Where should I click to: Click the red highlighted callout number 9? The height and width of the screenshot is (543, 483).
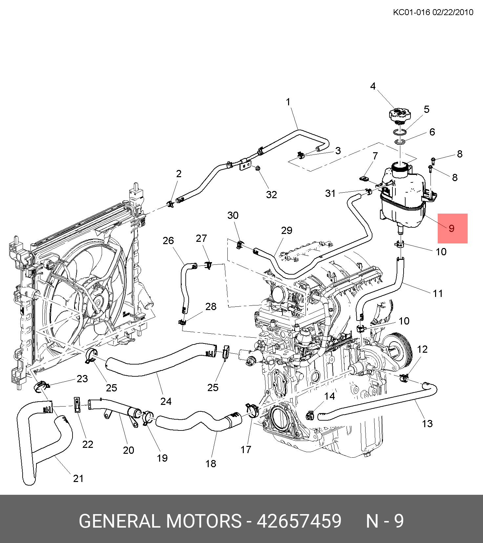coord(452,228)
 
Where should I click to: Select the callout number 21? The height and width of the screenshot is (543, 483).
coord(78,478)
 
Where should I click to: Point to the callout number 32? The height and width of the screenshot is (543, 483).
coord(271,195)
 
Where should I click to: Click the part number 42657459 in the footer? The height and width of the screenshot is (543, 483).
coord(299,521)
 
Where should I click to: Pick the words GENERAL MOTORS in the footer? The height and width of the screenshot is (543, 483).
coord(160,521)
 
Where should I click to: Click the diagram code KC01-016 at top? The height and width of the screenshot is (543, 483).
coord(411,12)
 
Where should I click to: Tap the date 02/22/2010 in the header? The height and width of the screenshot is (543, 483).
coord(453,12)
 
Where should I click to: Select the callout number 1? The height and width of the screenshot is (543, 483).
coord(288,102)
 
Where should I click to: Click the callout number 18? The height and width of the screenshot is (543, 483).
coord(211,464)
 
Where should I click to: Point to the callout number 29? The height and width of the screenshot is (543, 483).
coord(286,230)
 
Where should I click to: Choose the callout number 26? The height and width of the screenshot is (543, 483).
coord(168,240)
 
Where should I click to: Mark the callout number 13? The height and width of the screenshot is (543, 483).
coord(427,424)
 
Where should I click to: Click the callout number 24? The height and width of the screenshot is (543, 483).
coord(166,401)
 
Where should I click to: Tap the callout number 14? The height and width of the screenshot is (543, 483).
coord(329,396)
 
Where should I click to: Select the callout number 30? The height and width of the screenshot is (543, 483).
coord(233,215)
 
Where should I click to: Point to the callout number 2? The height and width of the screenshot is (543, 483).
coord(178,174)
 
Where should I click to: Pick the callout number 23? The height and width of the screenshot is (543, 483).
coord(82,379)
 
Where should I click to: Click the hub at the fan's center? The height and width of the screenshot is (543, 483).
coord(98,301)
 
